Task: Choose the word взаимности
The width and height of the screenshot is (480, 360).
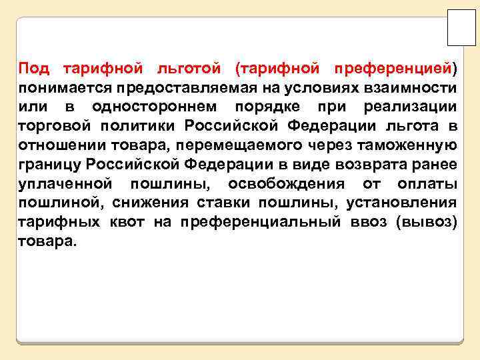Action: coord(417,87)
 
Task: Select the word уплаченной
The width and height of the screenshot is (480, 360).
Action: coord(65,183)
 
